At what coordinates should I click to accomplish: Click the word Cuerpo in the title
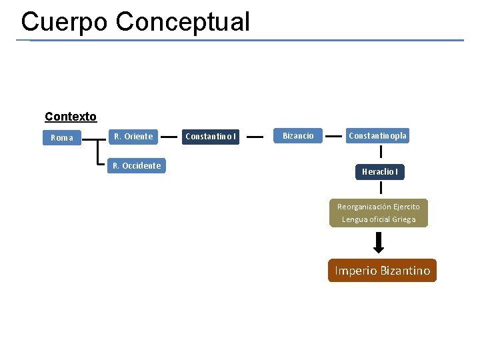pos(63,21)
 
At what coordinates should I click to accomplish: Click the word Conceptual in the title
pos(183,21)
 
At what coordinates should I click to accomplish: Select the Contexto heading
pos(71,117)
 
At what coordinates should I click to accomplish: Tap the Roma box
pos(62,137)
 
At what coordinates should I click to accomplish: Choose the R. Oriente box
pos(133,136)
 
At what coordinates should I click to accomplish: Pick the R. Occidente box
pos(137,165)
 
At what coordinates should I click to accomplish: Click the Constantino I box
pos(210,137)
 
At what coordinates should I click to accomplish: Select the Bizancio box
pos(298,135)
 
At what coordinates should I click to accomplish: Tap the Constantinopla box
pos(377,135)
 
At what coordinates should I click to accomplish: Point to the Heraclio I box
pos(380,171)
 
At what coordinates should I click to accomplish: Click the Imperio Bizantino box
pos(382,271)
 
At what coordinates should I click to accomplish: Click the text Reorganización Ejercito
pos(379,207)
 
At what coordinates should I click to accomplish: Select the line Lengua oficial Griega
pos(379,219)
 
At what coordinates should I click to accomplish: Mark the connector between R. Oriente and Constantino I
pos(170,137)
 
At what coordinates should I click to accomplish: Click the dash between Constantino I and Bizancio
pos(256,137)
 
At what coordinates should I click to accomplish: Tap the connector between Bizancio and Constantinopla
pos(333,135)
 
